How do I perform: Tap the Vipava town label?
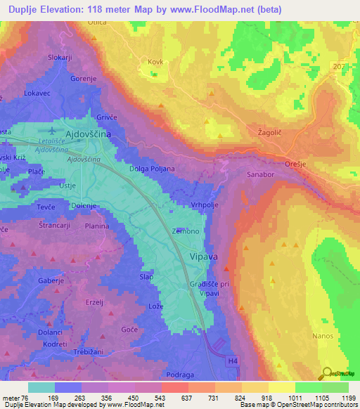(203, 257)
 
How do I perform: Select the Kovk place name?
(155, 62)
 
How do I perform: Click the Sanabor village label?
(261, 172)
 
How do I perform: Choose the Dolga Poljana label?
(152, 169)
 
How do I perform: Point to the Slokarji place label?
(60, 58)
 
